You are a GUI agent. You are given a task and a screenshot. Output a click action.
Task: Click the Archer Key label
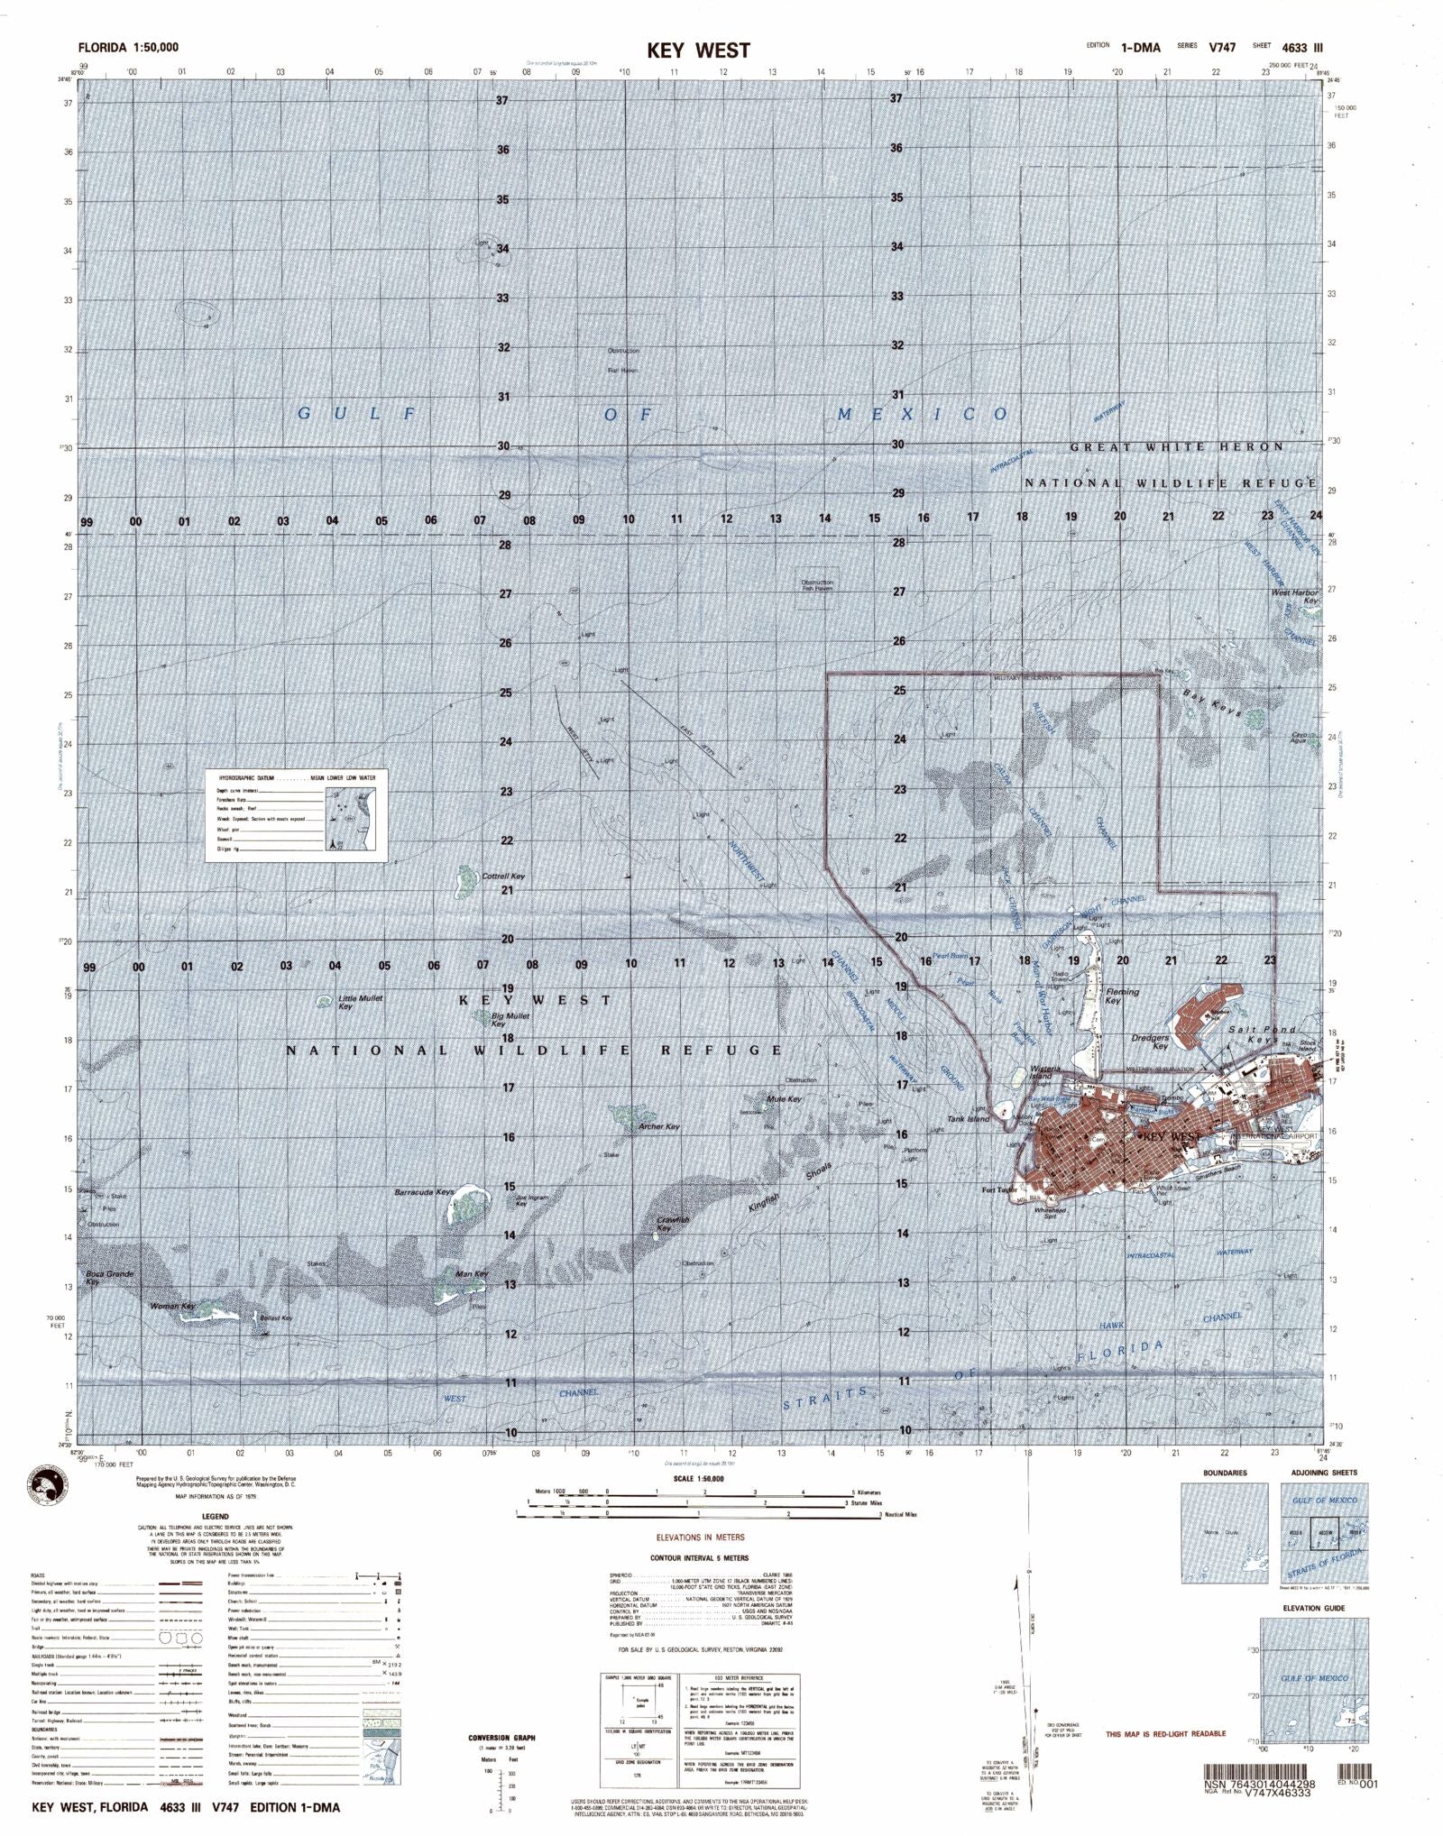click(657, 1126)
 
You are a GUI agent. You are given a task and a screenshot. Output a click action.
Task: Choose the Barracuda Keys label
click(424, 1192)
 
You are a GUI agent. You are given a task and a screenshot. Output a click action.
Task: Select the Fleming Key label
click(1122, 996)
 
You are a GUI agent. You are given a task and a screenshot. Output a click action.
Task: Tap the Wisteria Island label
click(1042, 1073)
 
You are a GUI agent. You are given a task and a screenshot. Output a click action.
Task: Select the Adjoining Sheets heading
click(1323, 1473)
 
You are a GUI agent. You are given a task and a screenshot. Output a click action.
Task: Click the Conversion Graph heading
click(501, 1737)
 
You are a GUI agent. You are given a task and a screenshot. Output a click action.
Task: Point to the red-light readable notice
click(1165, 1734)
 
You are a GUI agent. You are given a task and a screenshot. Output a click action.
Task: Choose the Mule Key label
click(784, 1099)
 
